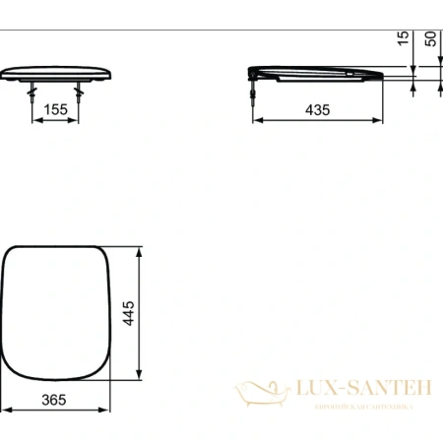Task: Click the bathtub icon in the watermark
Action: pyautogui.click(x=258, y=395)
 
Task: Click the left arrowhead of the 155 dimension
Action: pyautogui.click(x=37, y=123)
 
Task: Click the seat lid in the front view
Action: pyautogui.click(x=58, y=73)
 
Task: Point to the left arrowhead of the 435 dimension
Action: pyautogui.click(x=257, y=123)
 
